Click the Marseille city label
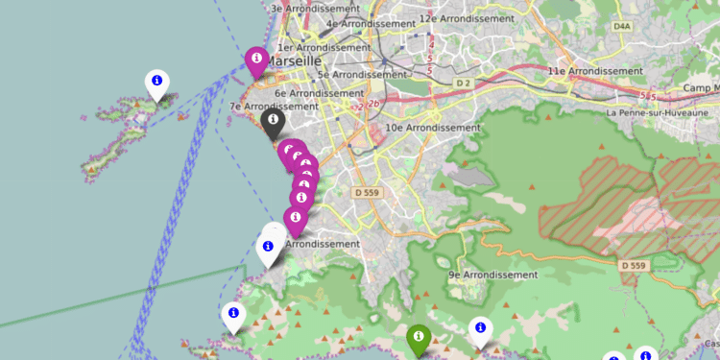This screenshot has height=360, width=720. [293, 60]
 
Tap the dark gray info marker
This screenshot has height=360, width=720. [272, 122]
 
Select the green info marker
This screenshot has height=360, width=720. [418, 338]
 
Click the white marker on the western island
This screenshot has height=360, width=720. [156, 84]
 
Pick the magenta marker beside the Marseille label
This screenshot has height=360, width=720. [256, 60]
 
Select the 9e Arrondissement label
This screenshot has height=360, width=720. [492, 275]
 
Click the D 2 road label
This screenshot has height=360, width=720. [465, 84]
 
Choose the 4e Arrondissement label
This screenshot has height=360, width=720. [362, 23]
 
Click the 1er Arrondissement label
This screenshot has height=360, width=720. [323, 47]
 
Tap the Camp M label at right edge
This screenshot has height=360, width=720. [701, 89]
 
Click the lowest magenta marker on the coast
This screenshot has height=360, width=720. [296, 220]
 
